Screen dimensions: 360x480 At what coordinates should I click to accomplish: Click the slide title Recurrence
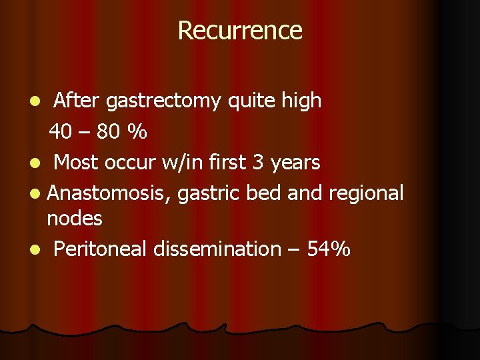[240, 30]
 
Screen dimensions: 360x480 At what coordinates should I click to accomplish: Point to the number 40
[61, 132]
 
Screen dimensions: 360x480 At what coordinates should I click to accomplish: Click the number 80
[108, 132]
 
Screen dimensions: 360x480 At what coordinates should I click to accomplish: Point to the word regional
[366, 193]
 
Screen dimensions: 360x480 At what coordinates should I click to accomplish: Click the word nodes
[75, 218]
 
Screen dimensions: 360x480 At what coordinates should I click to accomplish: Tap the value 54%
[329, 249]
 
